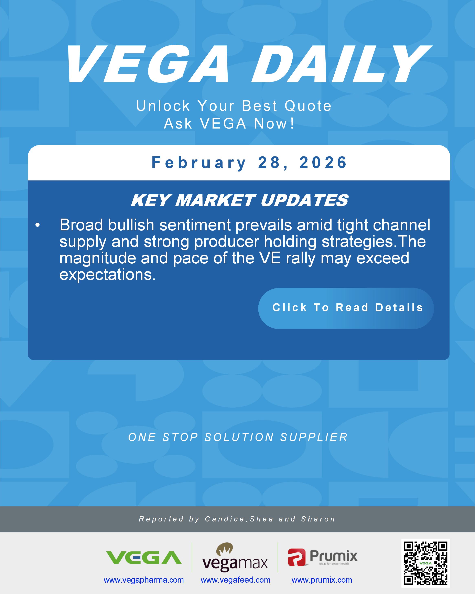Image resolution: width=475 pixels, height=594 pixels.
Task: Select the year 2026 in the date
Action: (323, 163)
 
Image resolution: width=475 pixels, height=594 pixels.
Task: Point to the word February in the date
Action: (198, 163)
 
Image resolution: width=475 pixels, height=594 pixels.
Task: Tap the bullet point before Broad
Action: (38, 225)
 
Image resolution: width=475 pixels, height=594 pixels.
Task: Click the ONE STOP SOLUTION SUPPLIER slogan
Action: (238, 437)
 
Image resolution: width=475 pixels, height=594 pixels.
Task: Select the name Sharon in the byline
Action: (318, 519)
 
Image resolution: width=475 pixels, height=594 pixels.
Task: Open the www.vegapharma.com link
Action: (144, 580)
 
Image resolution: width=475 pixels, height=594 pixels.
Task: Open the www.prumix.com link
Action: (322, 580)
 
